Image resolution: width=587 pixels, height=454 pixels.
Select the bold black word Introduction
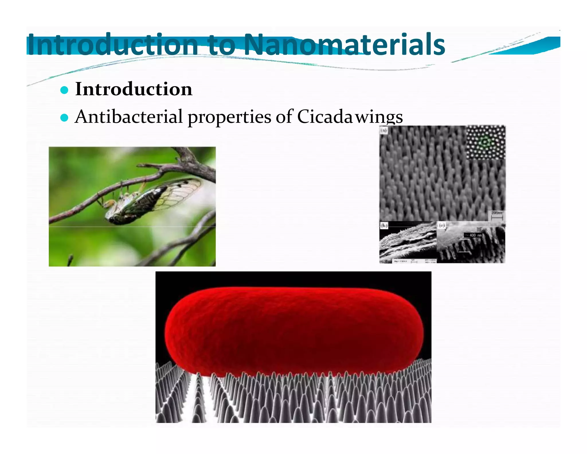[x=134, y=89]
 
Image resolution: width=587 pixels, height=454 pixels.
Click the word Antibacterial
[x=129, y=117]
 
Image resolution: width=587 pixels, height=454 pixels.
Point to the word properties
[x=229, y=117]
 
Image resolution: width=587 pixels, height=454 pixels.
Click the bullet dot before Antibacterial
[x=64, y=118]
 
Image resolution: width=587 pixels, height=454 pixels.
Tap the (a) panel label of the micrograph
[x=384, y=131]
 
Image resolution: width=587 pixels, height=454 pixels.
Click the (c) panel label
[x=442, y=226]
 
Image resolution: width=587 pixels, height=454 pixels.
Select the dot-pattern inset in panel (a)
[x=486, y=142]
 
